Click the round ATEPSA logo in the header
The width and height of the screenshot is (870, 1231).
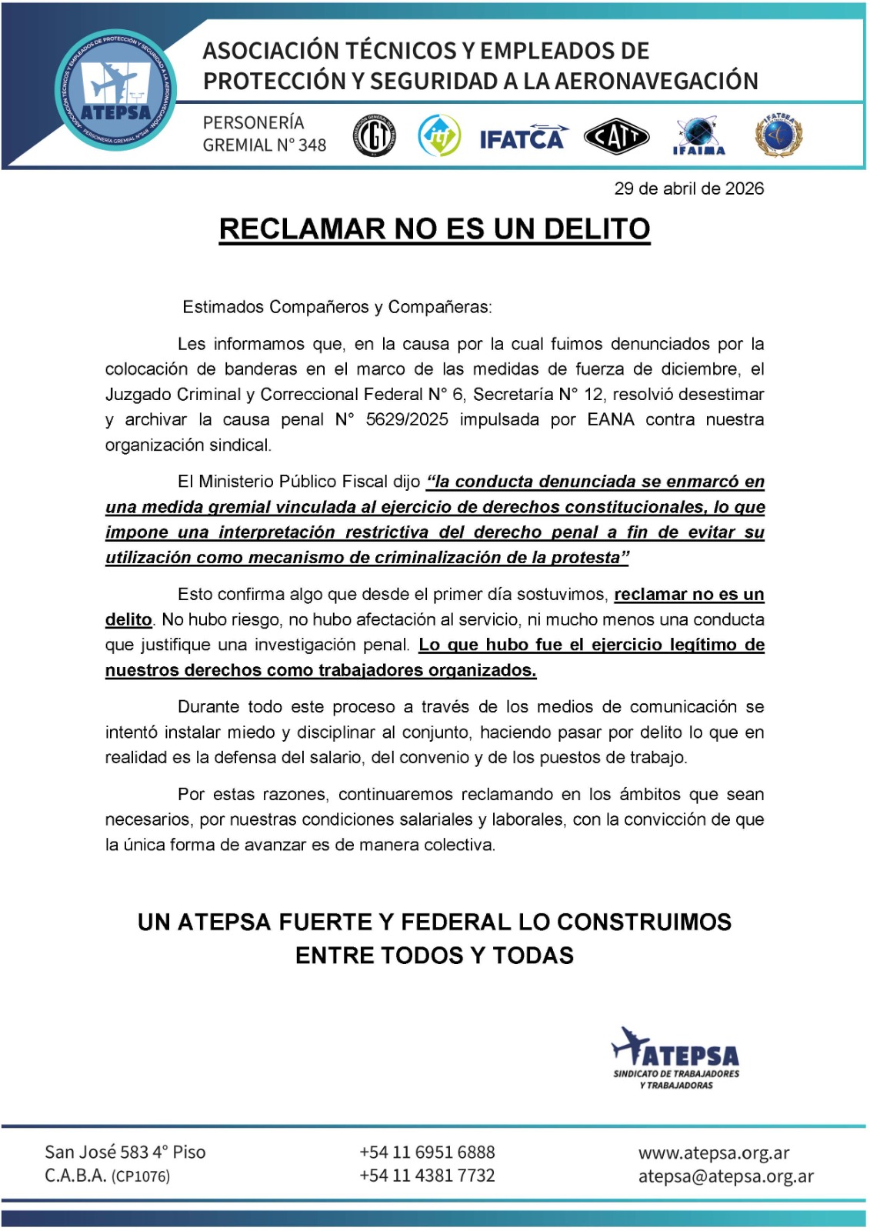(x=116, y=91)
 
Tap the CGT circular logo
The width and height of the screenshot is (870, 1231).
(x=374, y=136)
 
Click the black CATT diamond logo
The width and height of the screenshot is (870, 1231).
(x=616, y=137)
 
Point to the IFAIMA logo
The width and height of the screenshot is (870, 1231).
(x=698, y=137)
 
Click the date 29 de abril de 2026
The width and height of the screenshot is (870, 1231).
(x=688, y=188)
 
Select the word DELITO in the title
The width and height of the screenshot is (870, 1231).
(x=596, y=229)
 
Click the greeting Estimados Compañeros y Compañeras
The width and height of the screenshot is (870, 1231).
(x=337, y=307)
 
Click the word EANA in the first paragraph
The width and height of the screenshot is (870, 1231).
(x=611, y=419)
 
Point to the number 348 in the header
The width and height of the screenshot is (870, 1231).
(x=312, y=145)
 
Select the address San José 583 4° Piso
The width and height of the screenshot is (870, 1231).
(x=125, y=1152)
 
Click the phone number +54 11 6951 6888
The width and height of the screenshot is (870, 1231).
(x=427, y=1152)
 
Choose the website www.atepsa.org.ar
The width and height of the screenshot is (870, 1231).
(x=714, y=1153)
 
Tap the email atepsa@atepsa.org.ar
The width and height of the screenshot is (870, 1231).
(x=725, y=1176)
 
